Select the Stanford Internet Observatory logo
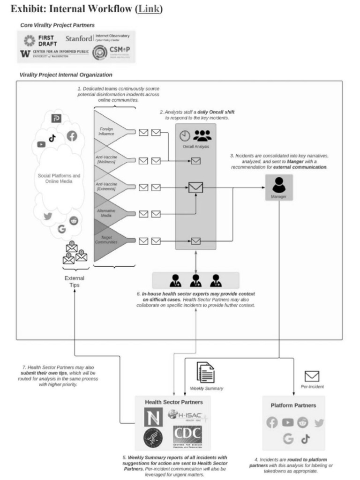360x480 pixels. tap(99, 38)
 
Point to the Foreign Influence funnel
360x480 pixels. tap(107, 131)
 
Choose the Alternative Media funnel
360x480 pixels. tap(107, 214)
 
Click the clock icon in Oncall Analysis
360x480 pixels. tap(185, 135)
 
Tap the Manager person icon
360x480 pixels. tap(279, 185)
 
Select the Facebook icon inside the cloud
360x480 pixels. tap(72, 136)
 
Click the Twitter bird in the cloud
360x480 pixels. tap(48, 216)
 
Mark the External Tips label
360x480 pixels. tap(75, 281)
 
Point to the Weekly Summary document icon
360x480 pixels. tap(206, 373)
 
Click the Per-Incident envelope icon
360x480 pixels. tap(312, 376)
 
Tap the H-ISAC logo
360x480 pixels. tap(187, 415)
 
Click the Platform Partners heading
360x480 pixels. tap(293, 405)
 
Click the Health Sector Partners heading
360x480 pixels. tap(174, 402)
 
